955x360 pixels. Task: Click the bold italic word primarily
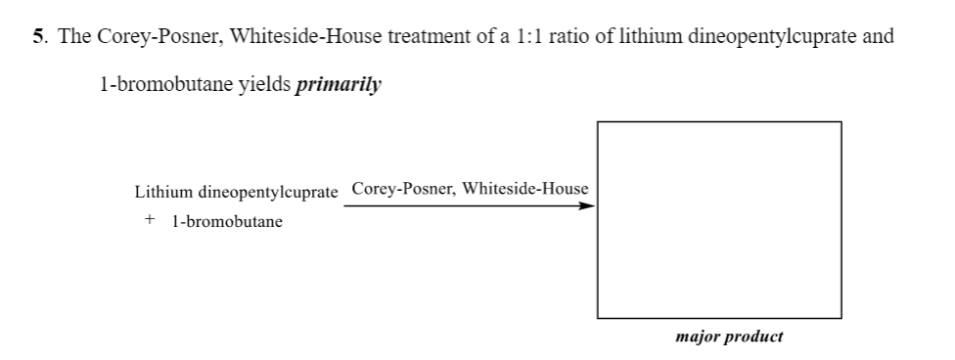(339, 84)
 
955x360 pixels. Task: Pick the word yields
(267, 84)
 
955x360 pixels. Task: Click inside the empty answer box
(719, 219)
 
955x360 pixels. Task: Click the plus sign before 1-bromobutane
(150, 220)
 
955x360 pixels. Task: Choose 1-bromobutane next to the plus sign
(226, 221)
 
